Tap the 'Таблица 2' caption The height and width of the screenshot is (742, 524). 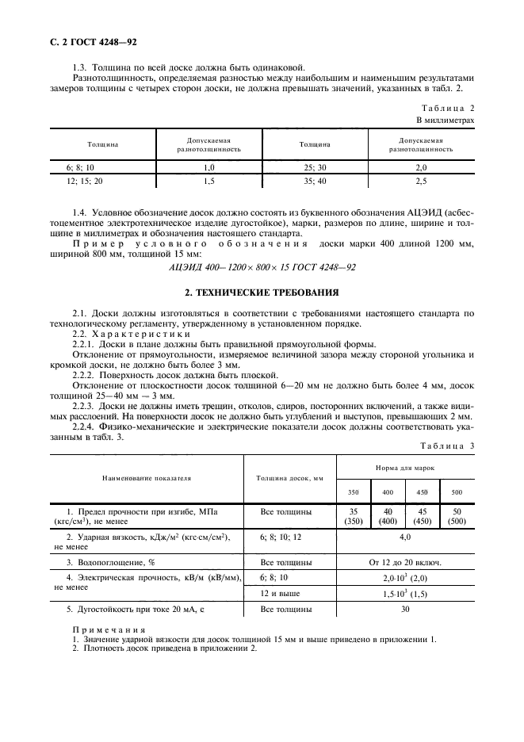coord(448,107)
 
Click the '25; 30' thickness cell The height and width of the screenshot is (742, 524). coord(315,167)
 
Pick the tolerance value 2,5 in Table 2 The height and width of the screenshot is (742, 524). coord(421,181)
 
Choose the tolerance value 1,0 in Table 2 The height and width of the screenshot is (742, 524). coord(209,167)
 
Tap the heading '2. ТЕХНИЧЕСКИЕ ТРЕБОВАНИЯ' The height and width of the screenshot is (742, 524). coord(262,292)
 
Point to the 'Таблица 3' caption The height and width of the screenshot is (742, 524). coord(448,446)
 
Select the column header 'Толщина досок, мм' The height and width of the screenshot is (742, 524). coord(289,478)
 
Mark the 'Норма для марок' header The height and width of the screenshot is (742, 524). coord(405,469)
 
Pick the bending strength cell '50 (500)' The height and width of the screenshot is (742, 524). coord(457,518)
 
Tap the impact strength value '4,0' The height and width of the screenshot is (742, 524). coord(405,537)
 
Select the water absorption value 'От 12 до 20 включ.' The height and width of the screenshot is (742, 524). coord(405,561)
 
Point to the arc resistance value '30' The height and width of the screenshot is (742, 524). coord(405,610)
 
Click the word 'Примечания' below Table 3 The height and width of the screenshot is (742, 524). coord(100,629)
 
